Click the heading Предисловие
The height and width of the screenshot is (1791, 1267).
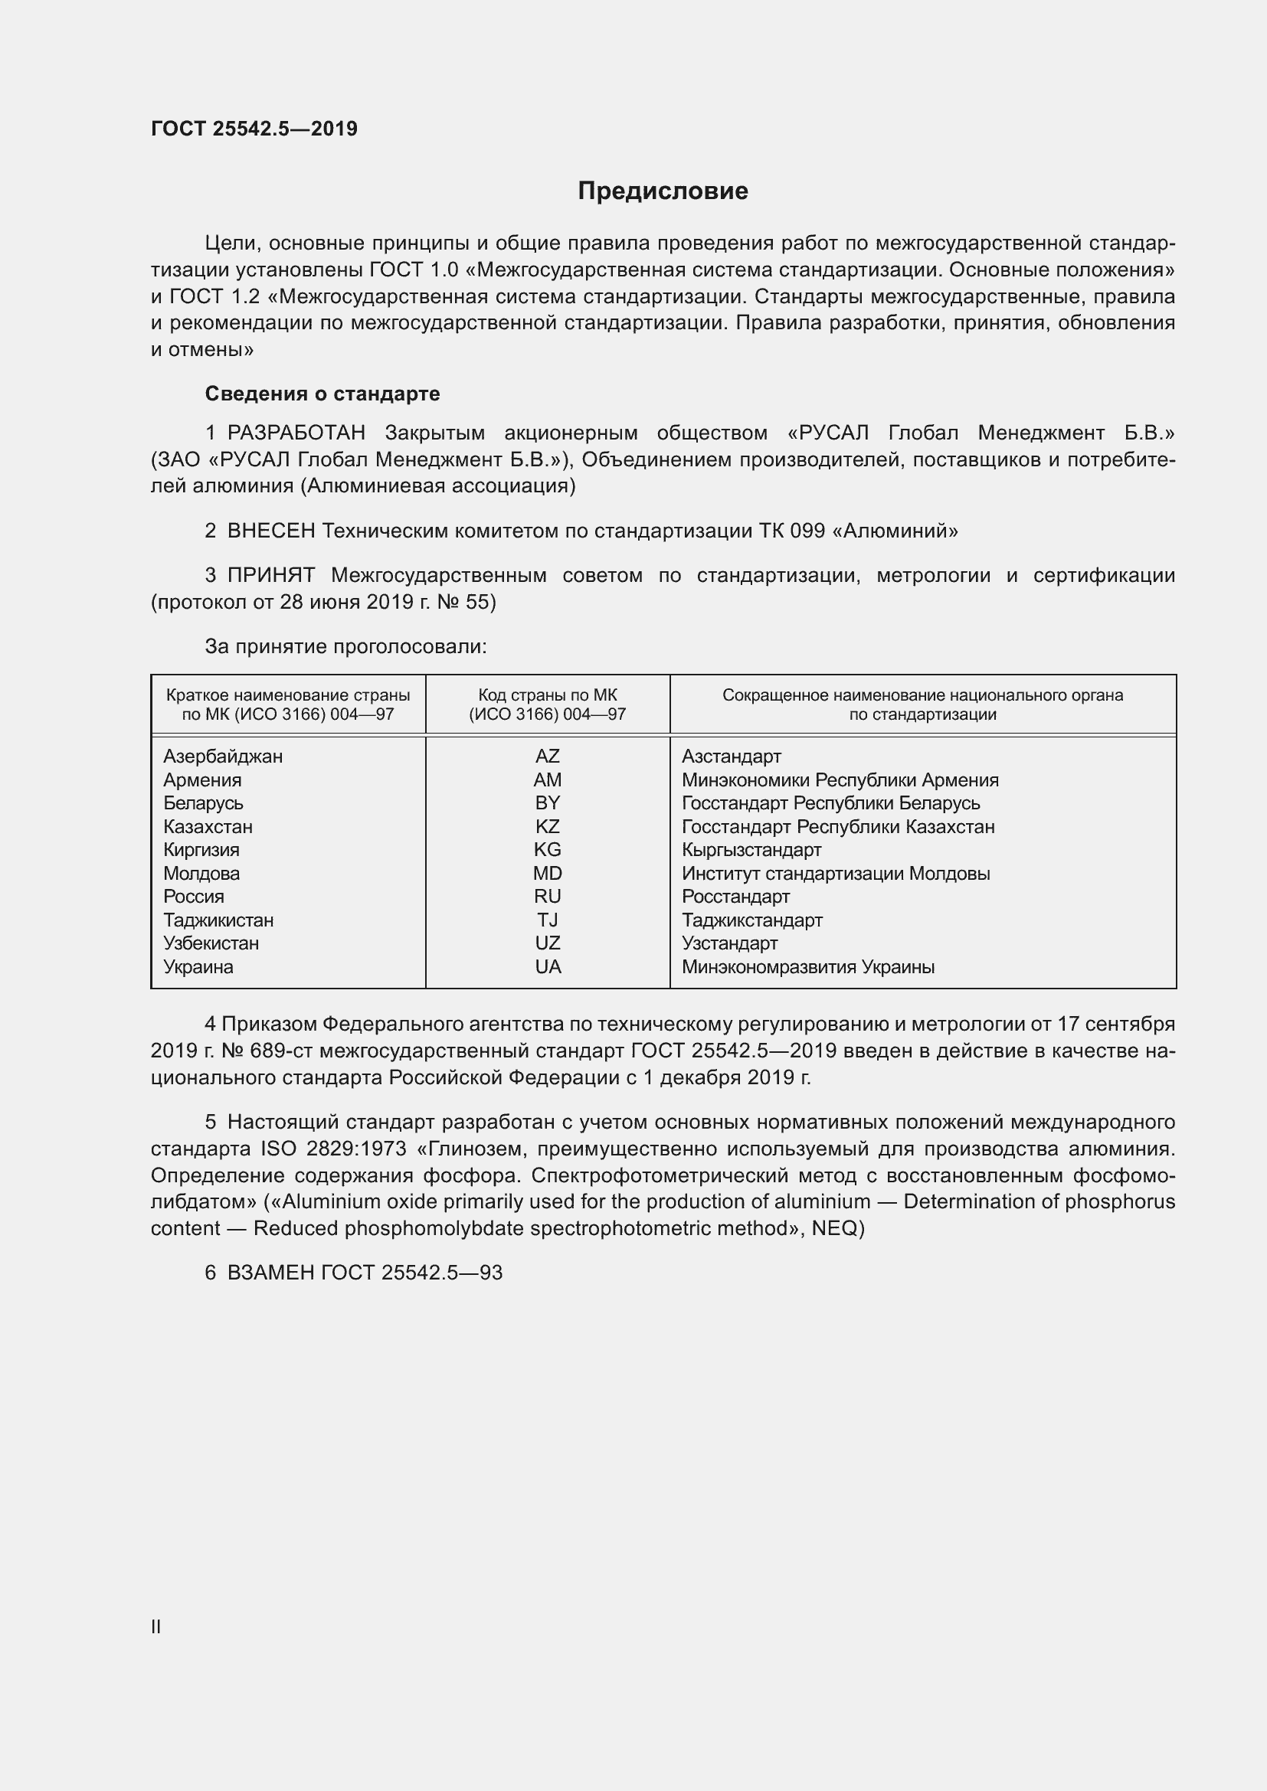point(663,191)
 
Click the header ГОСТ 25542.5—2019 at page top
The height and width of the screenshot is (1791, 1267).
point(254,129)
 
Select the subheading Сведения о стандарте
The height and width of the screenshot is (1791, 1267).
point(322,394)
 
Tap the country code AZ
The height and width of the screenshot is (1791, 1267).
point(547,756)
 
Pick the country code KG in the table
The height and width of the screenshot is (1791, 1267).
point(547,849)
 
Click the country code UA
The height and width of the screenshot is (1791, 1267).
point(547,966)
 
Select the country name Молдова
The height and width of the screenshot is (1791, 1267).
point(201,873)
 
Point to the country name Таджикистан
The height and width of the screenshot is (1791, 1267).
point(218,920)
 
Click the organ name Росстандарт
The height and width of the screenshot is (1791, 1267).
point(735,897)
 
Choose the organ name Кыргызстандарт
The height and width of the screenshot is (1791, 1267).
point(751,849)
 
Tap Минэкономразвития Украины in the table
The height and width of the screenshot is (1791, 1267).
point(807,966)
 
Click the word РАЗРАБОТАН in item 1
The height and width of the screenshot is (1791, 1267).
point(296,433)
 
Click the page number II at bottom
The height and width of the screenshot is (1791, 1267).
point(156,1626)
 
